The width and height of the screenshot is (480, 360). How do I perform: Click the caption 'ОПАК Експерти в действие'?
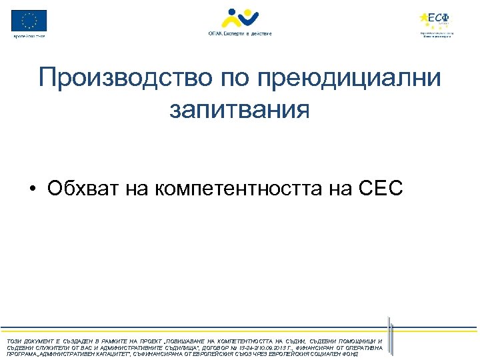239,33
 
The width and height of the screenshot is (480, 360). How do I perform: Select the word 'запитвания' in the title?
239,109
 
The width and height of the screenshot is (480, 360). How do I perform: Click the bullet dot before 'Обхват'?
32,189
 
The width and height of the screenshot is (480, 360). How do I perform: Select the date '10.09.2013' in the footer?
304,347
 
